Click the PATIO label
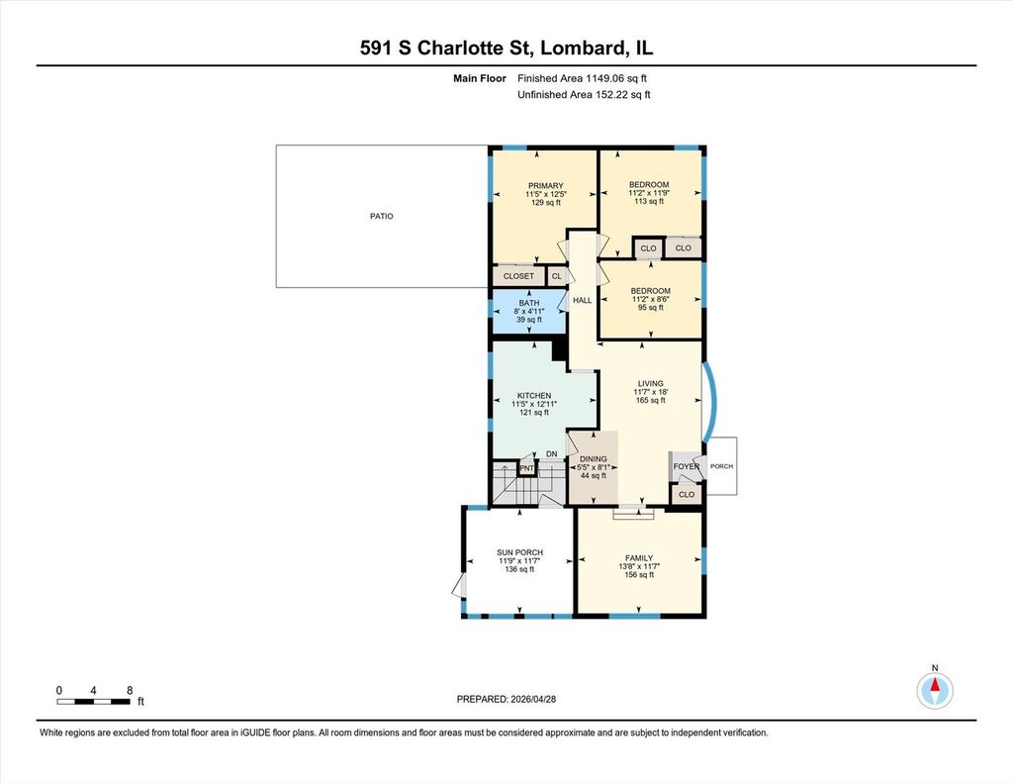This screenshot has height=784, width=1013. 381,216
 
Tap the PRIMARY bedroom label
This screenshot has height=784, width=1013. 546,185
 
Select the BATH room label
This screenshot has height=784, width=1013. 529,303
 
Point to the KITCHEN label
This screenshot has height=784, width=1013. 534,396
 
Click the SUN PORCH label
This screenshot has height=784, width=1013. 519,552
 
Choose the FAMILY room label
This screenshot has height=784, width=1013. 639,557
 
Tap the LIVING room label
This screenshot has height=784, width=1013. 651,383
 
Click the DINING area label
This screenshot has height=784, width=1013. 594,459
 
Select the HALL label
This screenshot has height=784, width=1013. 582,300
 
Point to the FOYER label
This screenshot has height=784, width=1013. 687,466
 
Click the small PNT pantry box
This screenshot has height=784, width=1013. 527,468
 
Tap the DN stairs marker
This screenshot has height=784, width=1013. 551,453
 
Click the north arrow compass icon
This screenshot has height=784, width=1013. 935,690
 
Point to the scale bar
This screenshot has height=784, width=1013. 94,701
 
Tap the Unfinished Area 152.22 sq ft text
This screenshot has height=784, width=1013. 584,94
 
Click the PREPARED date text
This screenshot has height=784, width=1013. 506,699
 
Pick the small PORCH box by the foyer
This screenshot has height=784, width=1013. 721,466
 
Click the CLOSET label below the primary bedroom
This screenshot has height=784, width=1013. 518,276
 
